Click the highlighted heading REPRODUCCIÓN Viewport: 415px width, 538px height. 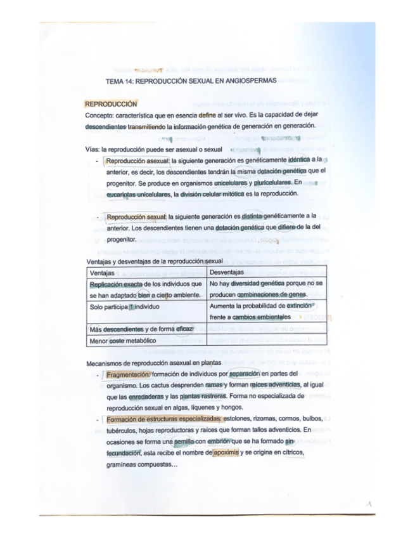pos(111,104)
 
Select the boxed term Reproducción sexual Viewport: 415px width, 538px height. pos(136,217)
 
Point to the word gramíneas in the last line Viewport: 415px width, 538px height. pos(123,464)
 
